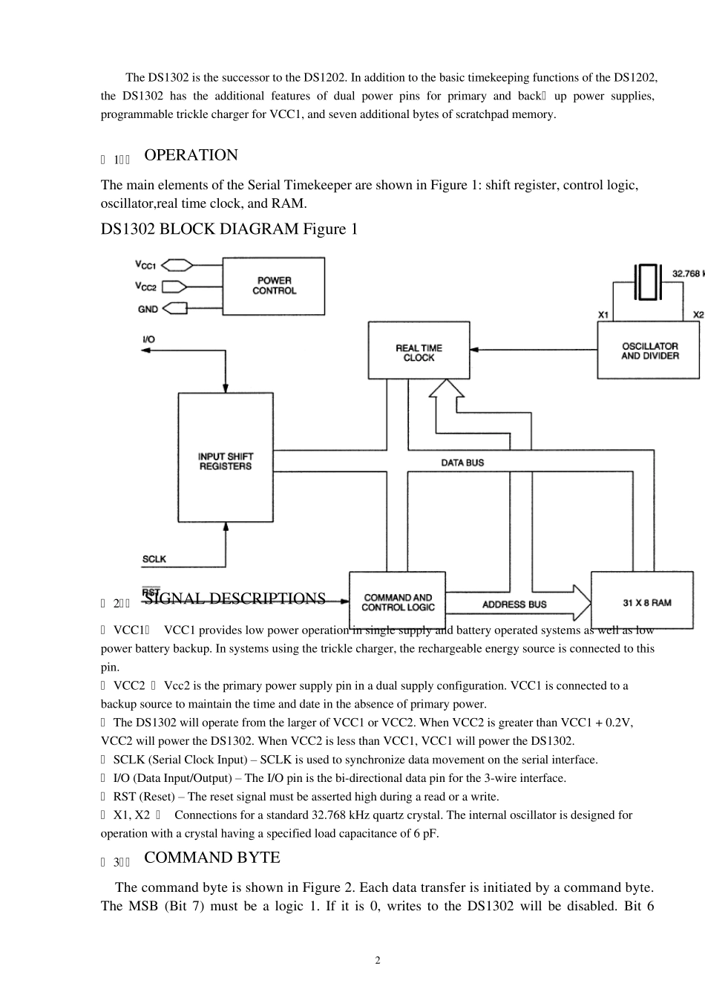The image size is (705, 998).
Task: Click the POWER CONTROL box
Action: pos(274,286)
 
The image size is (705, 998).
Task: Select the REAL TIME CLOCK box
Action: pos(419,350)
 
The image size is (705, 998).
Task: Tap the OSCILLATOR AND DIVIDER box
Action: pos(649,350)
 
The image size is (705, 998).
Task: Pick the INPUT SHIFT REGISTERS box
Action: pos(225,457)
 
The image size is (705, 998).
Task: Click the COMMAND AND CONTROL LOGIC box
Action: pos(397,602)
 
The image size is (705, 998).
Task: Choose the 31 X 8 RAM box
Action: pos(642,602)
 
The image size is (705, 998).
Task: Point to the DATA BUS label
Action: pos(462,463)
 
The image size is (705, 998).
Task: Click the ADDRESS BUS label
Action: pos(514,604)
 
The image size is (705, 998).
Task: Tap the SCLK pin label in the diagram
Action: pos(154,558)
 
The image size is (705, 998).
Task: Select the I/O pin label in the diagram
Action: pos(148,339)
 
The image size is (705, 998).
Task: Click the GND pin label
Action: pos(148,308)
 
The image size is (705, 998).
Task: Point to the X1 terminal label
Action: pos(603,315)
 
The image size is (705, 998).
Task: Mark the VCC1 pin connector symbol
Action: pos(177,264)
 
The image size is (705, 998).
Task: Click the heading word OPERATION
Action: pos(191,155)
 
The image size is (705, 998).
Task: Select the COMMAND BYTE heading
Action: pos(211,858)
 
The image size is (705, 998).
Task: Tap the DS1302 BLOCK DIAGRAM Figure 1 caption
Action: pos(229,229)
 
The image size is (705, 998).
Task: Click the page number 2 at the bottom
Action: pos(378,960)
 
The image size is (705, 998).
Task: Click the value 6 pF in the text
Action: pos(425,833)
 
